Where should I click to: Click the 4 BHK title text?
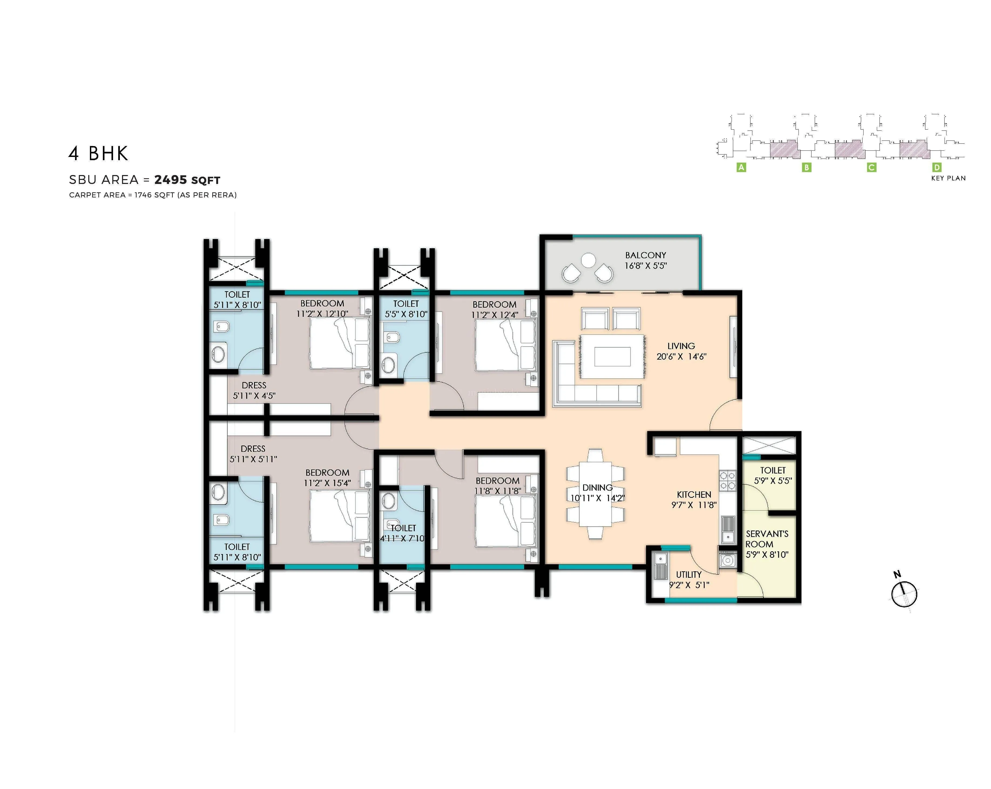[98, 154]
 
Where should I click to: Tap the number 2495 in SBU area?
[171, 180]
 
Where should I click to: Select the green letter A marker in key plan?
[741, 167]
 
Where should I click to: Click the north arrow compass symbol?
[904, 594]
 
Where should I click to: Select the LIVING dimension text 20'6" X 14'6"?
[681, 356]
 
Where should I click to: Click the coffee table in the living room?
[612, 356]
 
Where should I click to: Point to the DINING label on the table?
[597, 487]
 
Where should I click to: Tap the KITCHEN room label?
[694, 495]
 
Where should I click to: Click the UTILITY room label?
[689, 575]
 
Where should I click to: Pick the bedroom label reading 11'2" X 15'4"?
[327, 483]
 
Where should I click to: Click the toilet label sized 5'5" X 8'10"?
[406, 309]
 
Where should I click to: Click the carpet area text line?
[153, 195]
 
